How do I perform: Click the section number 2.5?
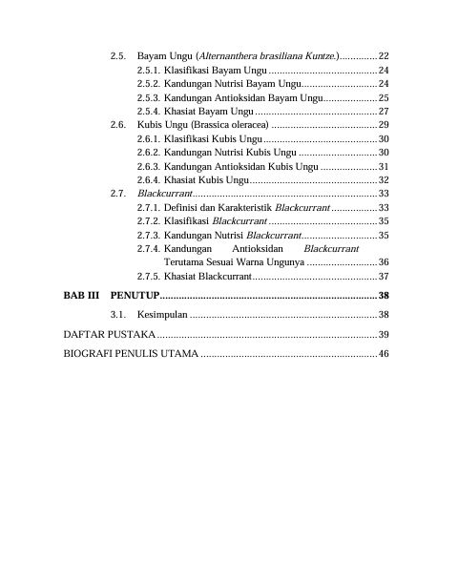(118, 57)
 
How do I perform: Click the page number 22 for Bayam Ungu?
(384, 57)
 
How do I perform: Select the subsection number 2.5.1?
(149, 71)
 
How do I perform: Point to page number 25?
(384, 97)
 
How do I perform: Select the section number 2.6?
(118, 125)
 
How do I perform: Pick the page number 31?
(384, 166)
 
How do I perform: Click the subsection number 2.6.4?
(149, 179)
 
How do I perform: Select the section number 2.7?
(118, 193)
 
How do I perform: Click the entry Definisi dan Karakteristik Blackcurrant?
(247, 207)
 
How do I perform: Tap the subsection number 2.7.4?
(149, 247)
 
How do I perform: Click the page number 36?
(384, 261)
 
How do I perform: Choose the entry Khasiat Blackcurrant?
(207, 276)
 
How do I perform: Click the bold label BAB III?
(81, 295)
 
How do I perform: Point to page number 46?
(384, 354)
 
